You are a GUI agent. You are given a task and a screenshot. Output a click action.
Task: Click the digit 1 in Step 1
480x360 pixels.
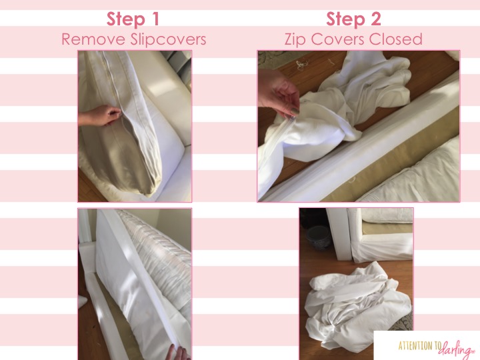pos(155,19)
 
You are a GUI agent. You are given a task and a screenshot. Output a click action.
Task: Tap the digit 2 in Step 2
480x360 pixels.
pos(375,19)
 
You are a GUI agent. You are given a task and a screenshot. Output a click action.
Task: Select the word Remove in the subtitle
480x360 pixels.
pos(94,39)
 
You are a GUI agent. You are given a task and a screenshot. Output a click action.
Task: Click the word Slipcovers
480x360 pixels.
pos(168,40)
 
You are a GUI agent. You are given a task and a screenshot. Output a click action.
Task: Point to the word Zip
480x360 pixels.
pos(295,40)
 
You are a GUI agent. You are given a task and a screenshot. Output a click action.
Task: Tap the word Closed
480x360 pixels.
pos(395,39)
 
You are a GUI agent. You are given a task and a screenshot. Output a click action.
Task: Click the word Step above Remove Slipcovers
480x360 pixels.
pos(126,19)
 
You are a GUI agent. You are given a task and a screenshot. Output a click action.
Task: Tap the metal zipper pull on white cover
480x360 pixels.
pos(293,118)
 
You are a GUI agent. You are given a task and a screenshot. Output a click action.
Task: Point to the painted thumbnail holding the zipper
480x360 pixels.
pos(294,111)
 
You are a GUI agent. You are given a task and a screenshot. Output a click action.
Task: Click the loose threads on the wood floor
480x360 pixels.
pos(302,65)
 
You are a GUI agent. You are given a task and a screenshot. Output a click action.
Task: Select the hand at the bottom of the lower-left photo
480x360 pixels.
pos(180,352)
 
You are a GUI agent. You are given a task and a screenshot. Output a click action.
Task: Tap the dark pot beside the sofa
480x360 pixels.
pos(319,237)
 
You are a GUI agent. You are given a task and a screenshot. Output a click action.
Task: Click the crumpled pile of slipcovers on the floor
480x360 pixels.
pos(358,306)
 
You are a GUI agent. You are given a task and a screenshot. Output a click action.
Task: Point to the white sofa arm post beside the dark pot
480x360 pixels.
pos(339,234)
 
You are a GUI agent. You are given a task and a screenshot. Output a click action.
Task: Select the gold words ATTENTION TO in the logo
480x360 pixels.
pos(419,345)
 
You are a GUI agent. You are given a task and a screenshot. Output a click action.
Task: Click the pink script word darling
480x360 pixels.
pos(457,349)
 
